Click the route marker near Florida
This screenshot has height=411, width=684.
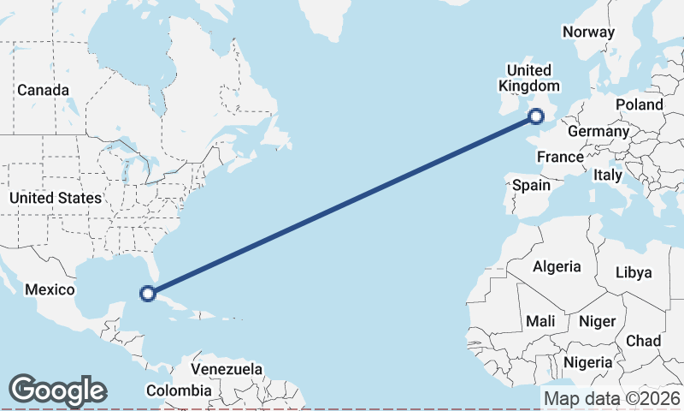click(x=147, y=293)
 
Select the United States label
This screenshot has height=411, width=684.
click(x=55, y=198)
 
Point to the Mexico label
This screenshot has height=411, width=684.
click(x=50, y=289)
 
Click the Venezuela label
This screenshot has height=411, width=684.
click(x=226, y=369)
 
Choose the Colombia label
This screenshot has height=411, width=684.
click(x=178, y=390)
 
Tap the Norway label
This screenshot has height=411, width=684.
click(x=588, y=33)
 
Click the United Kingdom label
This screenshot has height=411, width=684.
click(x=529, y=78)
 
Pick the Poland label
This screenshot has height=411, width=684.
click(x=639, y=104)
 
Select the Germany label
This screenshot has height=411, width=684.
click(x=598, y=132)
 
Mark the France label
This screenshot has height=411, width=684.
click(x=560, y=158)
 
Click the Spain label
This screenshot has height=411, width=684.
click(x=531, y=185)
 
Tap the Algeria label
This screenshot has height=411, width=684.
click(x=557, y=266)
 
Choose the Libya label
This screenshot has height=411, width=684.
click(x=634, y=272)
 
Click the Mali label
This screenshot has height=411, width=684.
click(x=540, y=321)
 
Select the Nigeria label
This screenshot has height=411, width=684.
click(x=588, y=362)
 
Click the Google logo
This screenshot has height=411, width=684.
click(x=57, y=390)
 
